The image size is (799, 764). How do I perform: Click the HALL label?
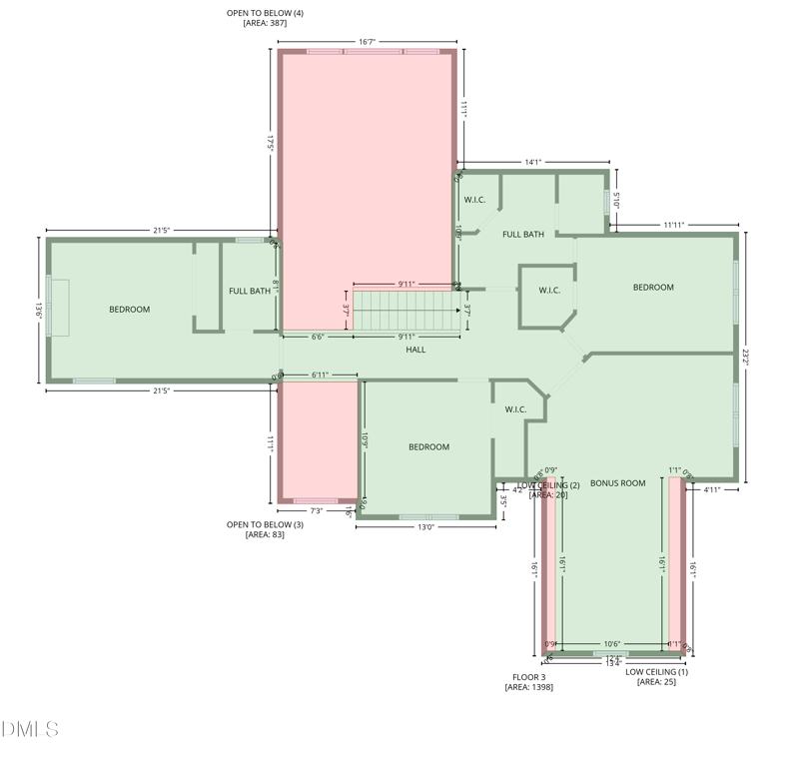pyautogui.click(x=415, y=350)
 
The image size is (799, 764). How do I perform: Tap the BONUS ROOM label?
pyautogui.click(x=617, y=483)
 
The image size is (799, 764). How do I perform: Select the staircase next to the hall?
pyautogui.click(x=405, y=311)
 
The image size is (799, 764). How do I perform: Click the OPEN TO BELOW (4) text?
pyautogui.click(x=265, y=12)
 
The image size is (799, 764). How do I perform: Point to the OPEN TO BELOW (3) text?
pyautogui.click(x=265, y=524)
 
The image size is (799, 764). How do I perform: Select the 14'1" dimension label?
pyautogui.click(x=532, y=162)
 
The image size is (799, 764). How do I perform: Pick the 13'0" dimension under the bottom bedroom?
pyautogui.click(x=425, y=526)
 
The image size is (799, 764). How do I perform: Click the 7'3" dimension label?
pyautogui.click(x=317, y=510)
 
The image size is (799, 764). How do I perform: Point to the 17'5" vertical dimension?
pyautogui.click(x=270, y=142)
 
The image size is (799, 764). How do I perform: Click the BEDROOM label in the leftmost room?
pyautogui.click(x=129, y=310)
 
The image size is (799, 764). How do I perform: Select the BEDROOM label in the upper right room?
pyautogui.click(x=653, y=288)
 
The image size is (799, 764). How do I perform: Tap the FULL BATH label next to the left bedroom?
pyautogui.click(x=249, y=292)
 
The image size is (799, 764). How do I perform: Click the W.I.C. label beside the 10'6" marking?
pyautogui.click(x=474, y=200)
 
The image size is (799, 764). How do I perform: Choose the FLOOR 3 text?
pyautogui.click(x=528, y=677)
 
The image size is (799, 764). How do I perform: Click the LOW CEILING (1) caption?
pyautogui.click(x=656, y=672)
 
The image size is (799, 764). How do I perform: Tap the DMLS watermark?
pyautogui.click(x=30, y=730)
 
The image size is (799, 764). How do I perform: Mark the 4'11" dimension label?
pyautogui.click(x=712, y=490)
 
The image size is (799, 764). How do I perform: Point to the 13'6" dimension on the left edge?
pyautogui.click(x=39, y=310)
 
